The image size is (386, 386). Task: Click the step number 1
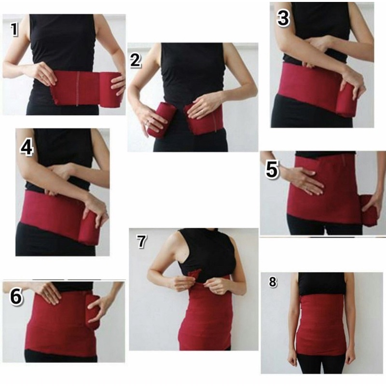pyautogui.click(x=14, y=30)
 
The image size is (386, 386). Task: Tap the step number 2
pyautogui.click(x=136, y=60)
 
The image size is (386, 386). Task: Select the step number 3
pyautogui.click(x=283, y=18)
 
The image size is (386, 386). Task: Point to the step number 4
pyautogui.click(x=27, y=148)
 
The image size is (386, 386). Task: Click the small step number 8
pyautogui.click(x=273, y=283)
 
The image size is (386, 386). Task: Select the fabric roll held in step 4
pyautogui.click(x=91, y=229)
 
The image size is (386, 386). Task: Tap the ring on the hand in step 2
pyautogui.click(x=147, y=124)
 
